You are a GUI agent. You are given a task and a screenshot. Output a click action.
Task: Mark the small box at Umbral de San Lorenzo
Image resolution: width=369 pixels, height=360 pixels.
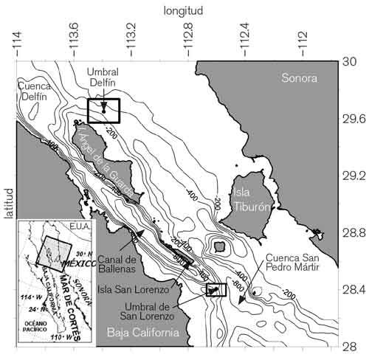pos(215,290)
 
